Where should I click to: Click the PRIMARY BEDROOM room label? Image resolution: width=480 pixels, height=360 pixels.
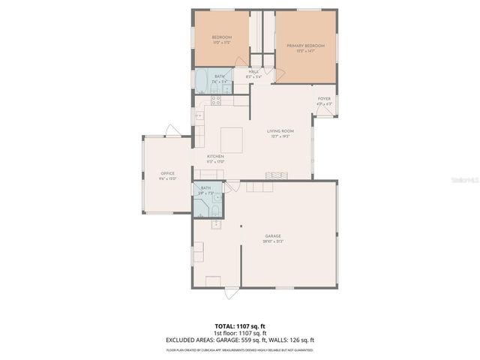point(306,46)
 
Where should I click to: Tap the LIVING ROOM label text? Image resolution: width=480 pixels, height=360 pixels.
point(280,131)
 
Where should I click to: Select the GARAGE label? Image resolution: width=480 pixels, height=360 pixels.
point(273,235)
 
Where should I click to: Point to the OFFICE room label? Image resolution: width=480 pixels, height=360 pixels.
point(167,173)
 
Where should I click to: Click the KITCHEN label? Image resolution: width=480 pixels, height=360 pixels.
point(216,156)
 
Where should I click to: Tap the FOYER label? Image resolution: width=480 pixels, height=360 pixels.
point(324,98)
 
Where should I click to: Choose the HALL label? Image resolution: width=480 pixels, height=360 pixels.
point(254,71)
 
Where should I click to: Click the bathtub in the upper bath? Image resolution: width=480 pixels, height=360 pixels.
point(202,79)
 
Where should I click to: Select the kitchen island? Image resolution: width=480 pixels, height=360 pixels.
point(231,139)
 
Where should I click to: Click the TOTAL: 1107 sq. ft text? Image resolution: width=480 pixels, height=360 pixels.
point(240,327)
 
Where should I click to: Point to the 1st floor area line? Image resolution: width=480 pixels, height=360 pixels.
point(240,333)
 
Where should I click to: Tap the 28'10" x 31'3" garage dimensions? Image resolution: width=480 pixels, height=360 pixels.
point(273,241)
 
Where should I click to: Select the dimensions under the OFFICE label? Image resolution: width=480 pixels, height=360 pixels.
point(167,178)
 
